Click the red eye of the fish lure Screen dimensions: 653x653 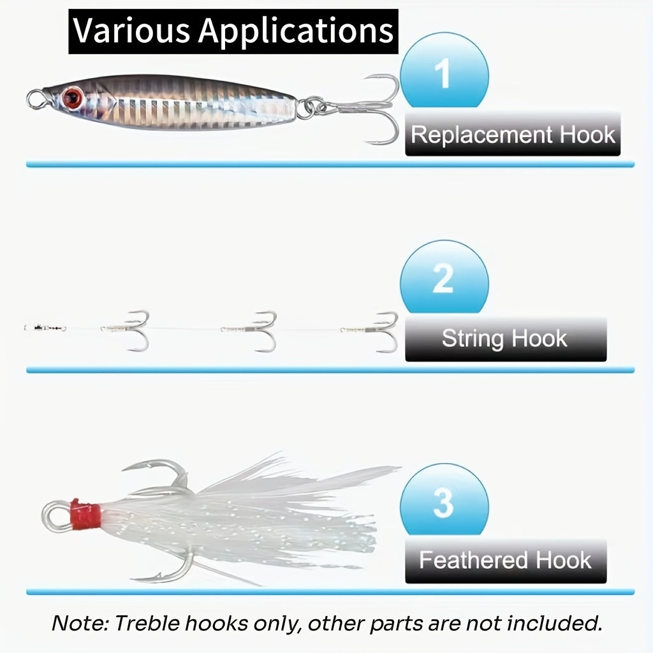pyautogui.click(x=72, y=97)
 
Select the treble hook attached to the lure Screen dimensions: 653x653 pyautogui.click(x=367, y=108)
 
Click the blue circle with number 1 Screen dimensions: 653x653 pyautogui.click(x=444, y=70)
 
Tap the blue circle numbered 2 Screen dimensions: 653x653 pyautogui.click(x=444, y=277)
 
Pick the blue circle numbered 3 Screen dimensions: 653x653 pyautogui.click(x=444, y=499)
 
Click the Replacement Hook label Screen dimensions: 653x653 pyautogui.click(x=513, y=134)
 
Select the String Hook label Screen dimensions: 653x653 pyautogui.click(x=506, y=339)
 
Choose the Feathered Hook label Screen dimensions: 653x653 pyautogui.click(x=506, y=560)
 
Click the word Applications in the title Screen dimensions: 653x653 pyautogui.click(x=296, y=31)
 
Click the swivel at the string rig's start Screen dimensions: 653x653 pyautogui.click(x=45, y=328)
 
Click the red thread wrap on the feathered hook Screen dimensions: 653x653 pyautogui.click(x=85, y=515)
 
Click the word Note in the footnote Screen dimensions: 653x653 pyautogui.click(x=80, y=624)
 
